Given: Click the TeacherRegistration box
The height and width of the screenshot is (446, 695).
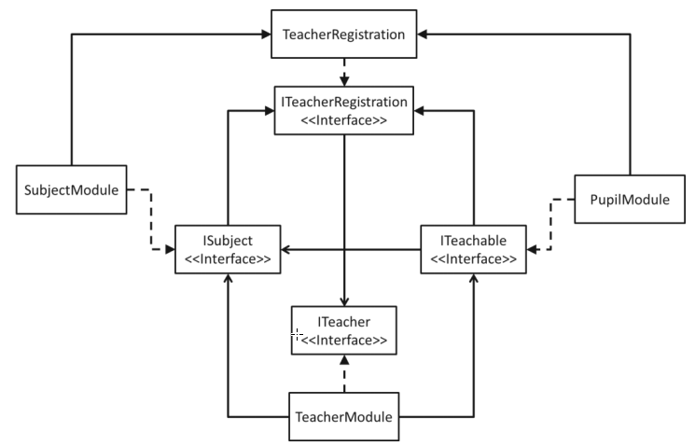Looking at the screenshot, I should tap(344, 35).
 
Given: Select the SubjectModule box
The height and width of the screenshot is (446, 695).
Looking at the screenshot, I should tap(72, 190).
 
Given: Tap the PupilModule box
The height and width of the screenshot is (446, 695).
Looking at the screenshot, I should tap(619, 199).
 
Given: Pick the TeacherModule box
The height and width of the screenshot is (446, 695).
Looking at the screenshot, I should tap(344, 416).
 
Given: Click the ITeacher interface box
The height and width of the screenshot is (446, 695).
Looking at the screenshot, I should tap(344, 330).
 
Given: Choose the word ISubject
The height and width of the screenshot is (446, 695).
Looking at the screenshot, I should tap(229, 242).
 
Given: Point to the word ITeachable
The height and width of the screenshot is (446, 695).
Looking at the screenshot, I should tap(473, 242).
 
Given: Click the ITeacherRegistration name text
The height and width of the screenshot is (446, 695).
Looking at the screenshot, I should tap(344, 101).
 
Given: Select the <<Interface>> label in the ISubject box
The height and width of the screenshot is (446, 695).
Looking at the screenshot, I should tap(229, 258).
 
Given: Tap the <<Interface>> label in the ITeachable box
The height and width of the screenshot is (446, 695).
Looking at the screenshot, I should tap(473, 258).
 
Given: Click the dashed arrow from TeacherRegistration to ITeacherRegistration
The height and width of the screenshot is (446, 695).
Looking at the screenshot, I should tap(344, 71).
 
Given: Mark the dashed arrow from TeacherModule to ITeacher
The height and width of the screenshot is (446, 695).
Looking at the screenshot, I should tap(344, 374).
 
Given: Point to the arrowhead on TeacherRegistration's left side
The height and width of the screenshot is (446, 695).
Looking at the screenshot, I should tap(265, 35).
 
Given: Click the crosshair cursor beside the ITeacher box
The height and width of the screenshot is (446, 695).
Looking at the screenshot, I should tap(297, 333).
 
